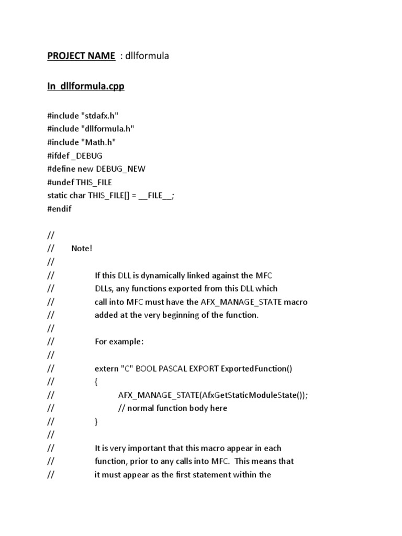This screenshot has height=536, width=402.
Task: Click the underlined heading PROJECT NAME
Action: pyautogui.click(x=81, y=55)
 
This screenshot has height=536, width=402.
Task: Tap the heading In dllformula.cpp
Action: pyautogui.click(x=86, y=86)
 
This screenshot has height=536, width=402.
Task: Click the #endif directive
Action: pyautogui.click(x=59, y=208)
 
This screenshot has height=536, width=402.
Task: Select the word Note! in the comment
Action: pyautogui.click(x=82, y=248)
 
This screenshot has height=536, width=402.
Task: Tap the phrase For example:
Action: pyautogui.click(x=119, y=341)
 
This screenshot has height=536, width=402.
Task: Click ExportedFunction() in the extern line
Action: pyautogui.click(x=256, y=368)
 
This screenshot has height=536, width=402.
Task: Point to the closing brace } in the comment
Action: pyautogui.click(x=96, y=421)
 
